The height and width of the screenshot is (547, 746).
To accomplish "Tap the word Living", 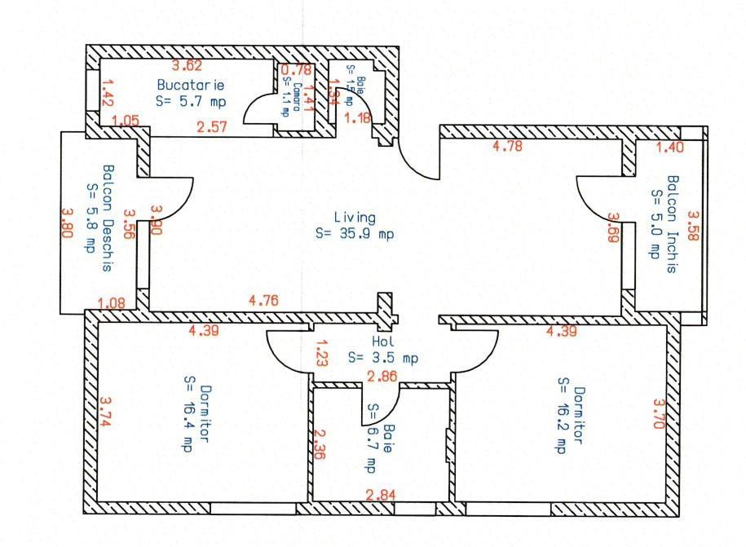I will [x=355, y=218].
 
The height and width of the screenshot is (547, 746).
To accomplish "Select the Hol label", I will [x=383, y=342].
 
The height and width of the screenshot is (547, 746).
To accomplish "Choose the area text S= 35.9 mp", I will [x=355, y=233].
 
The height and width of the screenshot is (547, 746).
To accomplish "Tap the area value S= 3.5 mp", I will [x=383, y=357].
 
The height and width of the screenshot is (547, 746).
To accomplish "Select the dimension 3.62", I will [x=186, y=66].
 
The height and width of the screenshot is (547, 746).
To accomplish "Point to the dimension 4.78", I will [x=507, y=147].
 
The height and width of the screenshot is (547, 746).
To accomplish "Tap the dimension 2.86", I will [x=382, y=377].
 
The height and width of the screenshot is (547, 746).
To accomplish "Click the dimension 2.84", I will [x=381, y=495].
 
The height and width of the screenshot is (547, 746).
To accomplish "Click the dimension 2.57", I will [x=212, y=126].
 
